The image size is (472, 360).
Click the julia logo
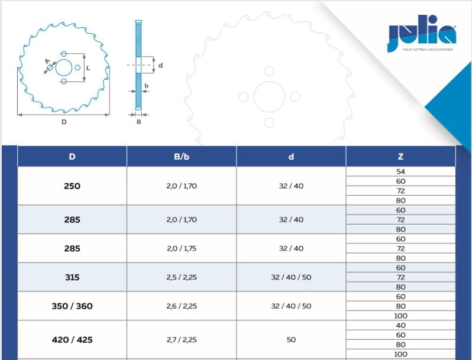(x=422, y=34)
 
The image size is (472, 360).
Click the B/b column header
(x=182, y=157)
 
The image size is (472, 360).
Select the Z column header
(x=400, y=157)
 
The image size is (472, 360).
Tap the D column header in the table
(x=72, y=157)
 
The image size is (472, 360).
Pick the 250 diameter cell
(x=72, y=186)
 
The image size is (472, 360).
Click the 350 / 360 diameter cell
(x=72, y=306)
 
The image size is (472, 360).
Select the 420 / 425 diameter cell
(x=72, y=339)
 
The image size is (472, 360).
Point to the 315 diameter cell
(x=72, y=277)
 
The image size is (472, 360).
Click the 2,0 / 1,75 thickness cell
(x=182, y=248)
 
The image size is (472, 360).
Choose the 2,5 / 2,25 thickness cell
(x=182, y=277)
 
